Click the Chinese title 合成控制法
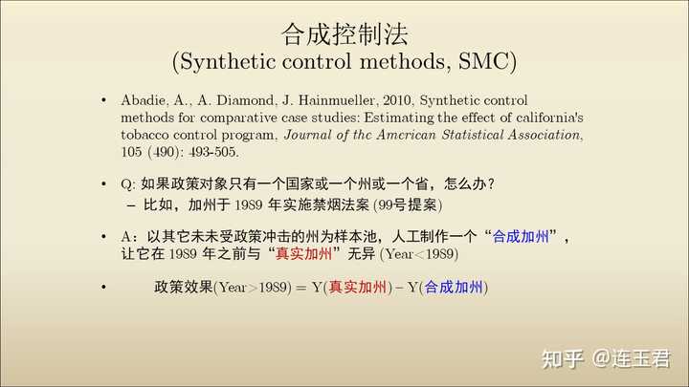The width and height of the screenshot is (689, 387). (344, 34)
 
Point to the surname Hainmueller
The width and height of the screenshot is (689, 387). (336, 100)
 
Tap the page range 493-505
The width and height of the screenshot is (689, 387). (213, 152)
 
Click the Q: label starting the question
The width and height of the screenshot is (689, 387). (128, 184)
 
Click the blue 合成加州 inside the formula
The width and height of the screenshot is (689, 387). (454, 288)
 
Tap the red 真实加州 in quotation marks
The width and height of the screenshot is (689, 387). (303, 253)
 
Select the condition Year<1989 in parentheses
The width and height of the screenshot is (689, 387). (419, 254)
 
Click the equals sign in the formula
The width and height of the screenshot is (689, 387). (301, 288)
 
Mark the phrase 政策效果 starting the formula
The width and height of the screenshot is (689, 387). (183, 287)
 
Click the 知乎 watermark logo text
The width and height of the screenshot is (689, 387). (563, 359)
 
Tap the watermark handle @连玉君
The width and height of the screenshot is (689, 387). (631, 359)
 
